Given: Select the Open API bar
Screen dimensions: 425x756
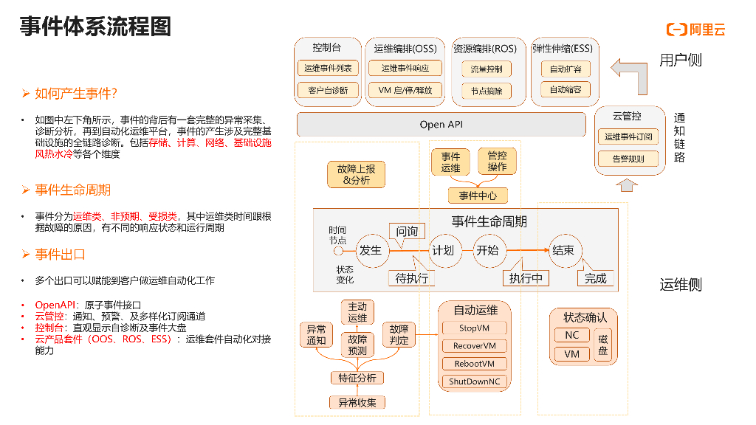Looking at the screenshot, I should pyautogui.click(x=441, y=124).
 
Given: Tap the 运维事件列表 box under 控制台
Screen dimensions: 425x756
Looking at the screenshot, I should pyautogui.click(x=328, y=69).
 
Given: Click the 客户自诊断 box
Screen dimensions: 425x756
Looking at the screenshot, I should pyautogui.click(x=328, y=90).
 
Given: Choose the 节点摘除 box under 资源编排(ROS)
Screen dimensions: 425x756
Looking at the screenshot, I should pyautogui.click(x=487, y=91).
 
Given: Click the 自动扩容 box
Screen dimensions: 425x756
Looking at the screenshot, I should pyautogui.click(x=566, y=69).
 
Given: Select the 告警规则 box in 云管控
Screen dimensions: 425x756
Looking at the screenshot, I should pyautogui.click(x=628, y=159).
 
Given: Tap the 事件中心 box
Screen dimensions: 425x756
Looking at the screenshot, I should pyautogui.click(x=478, y=196).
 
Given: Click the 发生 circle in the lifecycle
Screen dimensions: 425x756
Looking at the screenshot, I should pyautogui.click(x=371, y=250).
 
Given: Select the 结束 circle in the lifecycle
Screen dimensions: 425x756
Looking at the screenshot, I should pyautogui.click(x=563, y=250).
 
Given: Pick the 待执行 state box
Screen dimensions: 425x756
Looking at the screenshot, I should pyautogui.click(x=411, y=278).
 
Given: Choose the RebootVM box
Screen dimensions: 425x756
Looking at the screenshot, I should pyautogui.click(x=474, y=364).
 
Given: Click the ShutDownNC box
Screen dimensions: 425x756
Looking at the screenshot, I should pyautogui.click(x=474, y=381).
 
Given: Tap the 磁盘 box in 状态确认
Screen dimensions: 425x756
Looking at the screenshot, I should pyautogui.click(x=603, y=345).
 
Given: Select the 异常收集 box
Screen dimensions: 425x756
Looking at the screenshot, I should pyautogui.click(x=357, y=402).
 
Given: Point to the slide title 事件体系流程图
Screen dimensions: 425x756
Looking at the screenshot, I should pyautogui.click(x=95, y=27).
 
